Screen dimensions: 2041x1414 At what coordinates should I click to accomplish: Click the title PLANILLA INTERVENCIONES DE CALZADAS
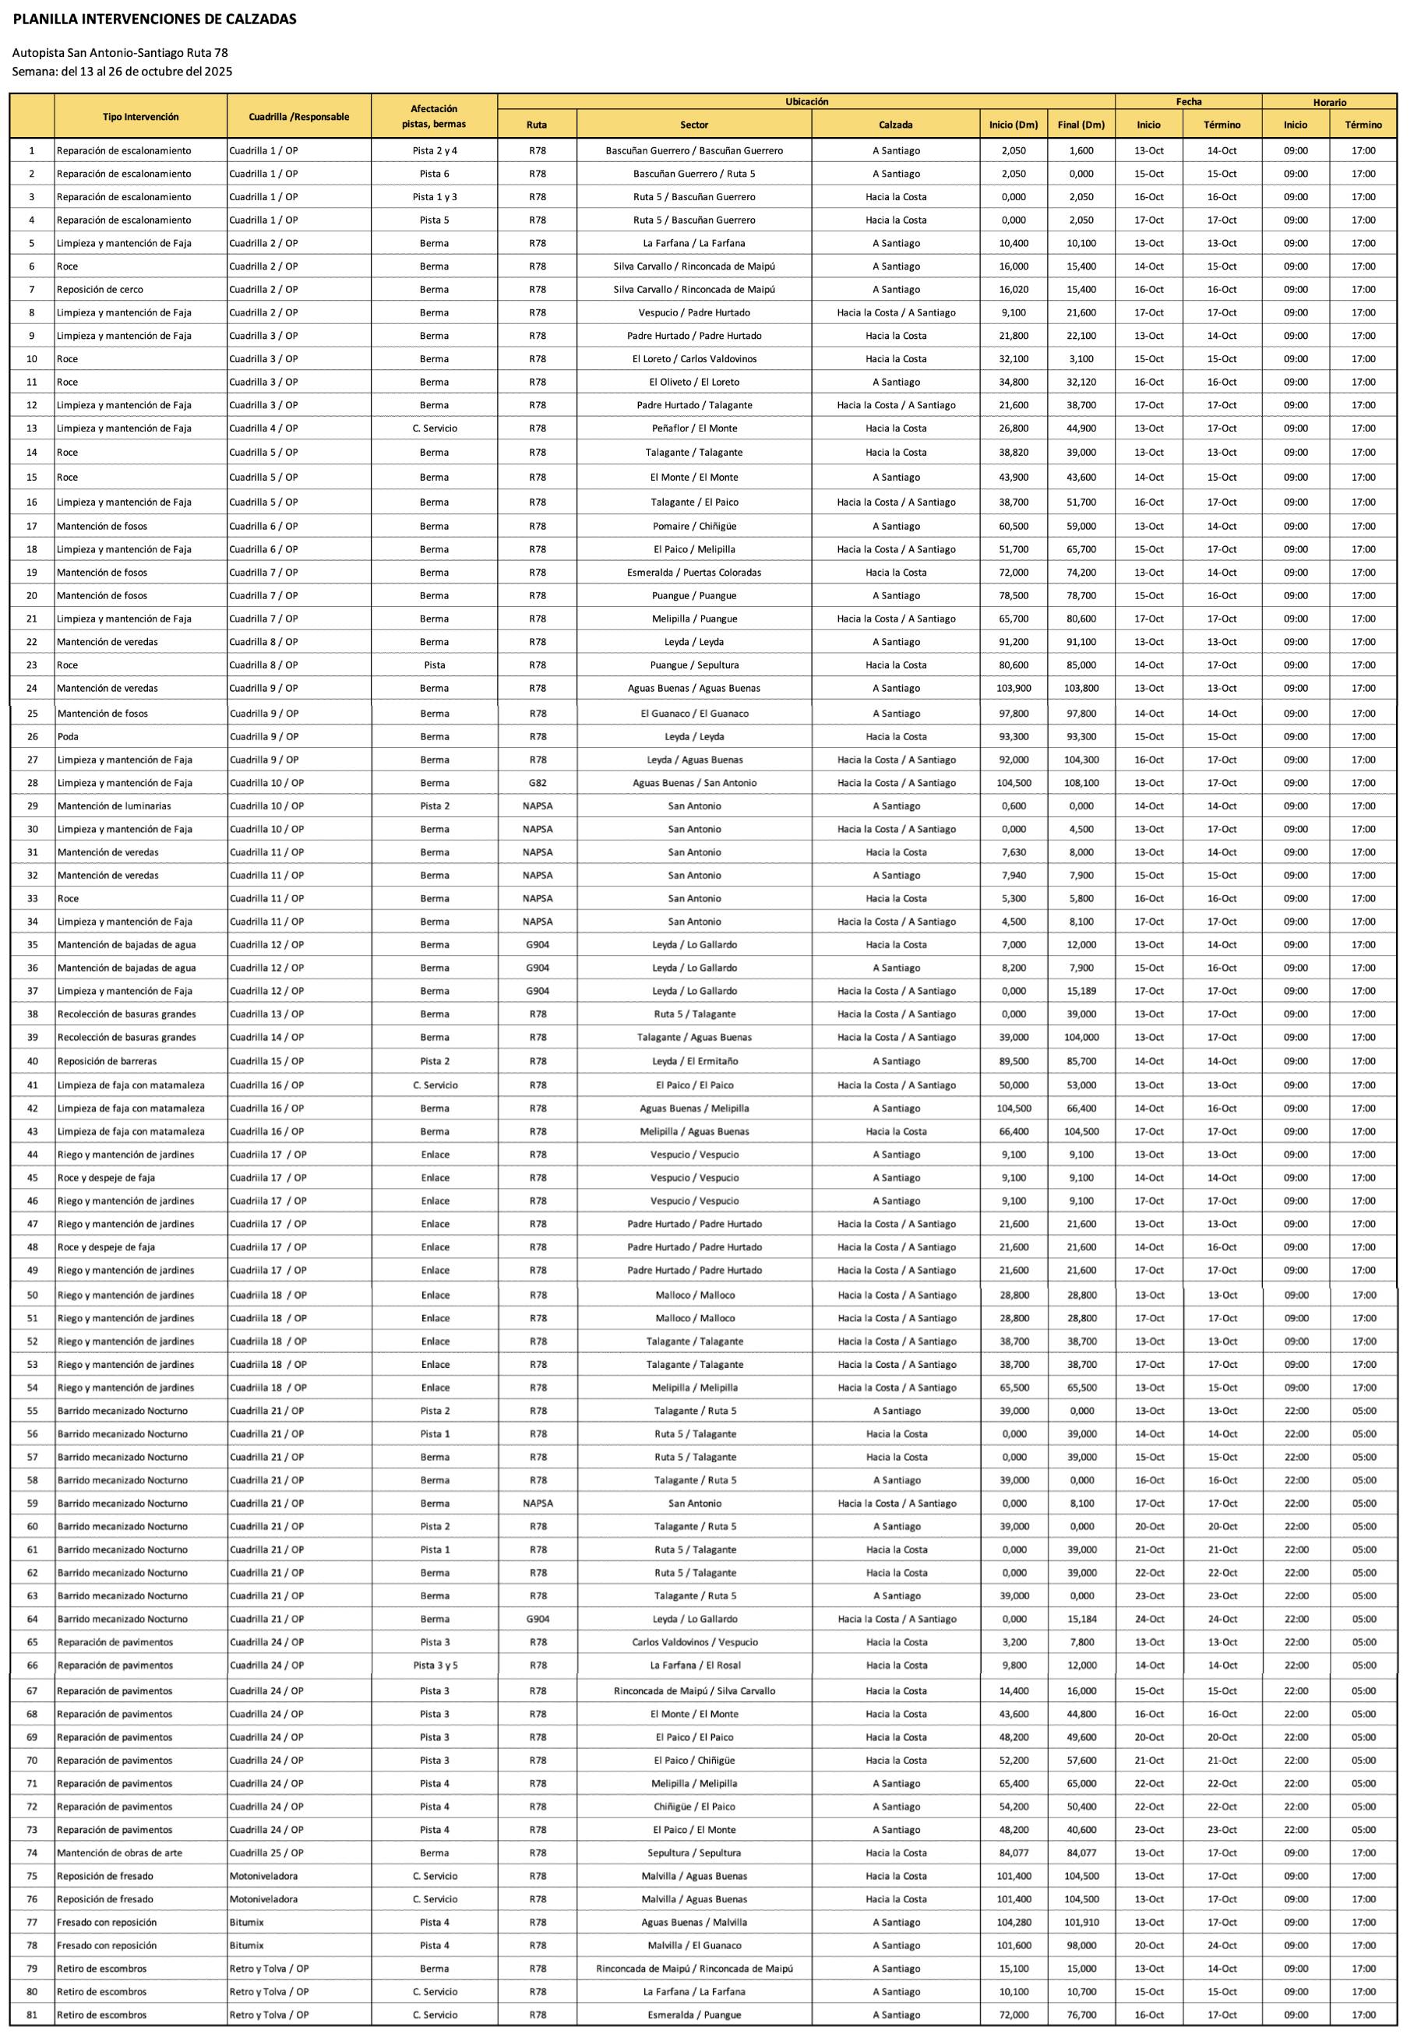[154, 19]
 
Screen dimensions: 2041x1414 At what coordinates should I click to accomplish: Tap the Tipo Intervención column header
[140, 117]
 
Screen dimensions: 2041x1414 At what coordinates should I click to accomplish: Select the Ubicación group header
[806, 102]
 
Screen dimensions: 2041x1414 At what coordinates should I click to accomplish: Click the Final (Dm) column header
[1081, 125]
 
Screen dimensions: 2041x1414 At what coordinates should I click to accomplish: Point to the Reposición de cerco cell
[100, 290]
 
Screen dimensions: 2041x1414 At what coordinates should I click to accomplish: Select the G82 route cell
[537, 783]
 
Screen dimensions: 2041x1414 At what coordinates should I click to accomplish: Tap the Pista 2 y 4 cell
[434, 150]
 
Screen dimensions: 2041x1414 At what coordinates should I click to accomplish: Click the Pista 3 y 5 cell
[434, 1666]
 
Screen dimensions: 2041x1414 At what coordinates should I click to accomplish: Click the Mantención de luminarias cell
[115, 806]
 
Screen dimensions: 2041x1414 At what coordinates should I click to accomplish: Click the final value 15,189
[1081, 991]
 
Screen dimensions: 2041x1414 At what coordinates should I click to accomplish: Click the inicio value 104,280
[1014, 1923]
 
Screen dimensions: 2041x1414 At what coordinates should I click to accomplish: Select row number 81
[32, 2015]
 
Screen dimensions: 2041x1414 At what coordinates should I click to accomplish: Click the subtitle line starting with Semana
[122, 72]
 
